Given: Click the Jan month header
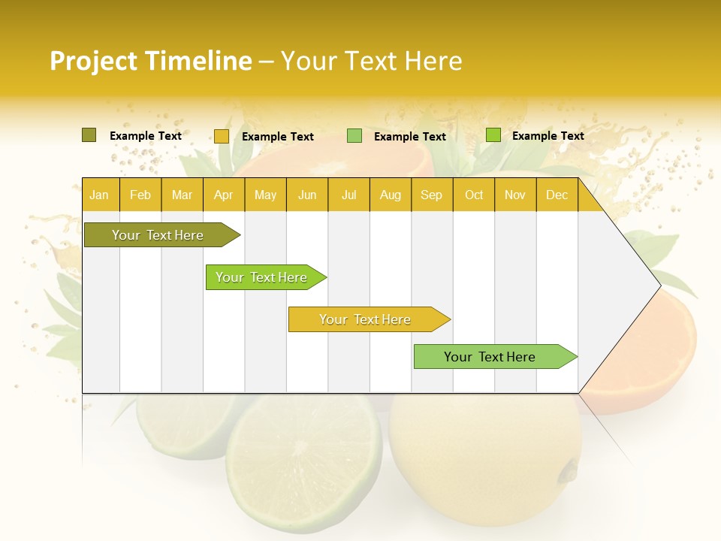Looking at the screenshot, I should coord(99,195).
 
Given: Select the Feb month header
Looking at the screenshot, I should coord(140,195).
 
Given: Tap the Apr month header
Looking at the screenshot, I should coord(223,195).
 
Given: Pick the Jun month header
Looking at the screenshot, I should coord(307,195).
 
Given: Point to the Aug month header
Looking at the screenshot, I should coord(390,195).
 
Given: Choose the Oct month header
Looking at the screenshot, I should coord(474,195).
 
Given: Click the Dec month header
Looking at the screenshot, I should coord(557,195).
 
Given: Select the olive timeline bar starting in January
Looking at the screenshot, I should coord(158,235).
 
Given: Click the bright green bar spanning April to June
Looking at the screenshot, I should coord(261,277).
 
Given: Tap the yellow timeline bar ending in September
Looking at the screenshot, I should coord(365,319).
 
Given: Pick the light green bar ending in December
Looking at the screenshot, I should coord(490,357).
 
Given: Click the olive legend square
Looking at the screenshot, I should coord(89,135).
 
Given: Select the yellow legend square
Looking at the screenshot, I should coord(221,136).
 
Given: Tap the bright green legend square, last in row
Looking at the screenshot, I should coord(493,135).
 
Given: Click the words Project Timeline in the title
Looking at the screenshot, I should coord(150,61).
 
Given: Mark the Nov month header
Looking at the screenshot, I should coord(515,195).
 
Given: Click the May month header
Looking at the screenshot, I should coord(265,195).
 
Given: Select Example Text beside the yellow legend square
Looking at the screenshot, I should coord(277,137).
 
